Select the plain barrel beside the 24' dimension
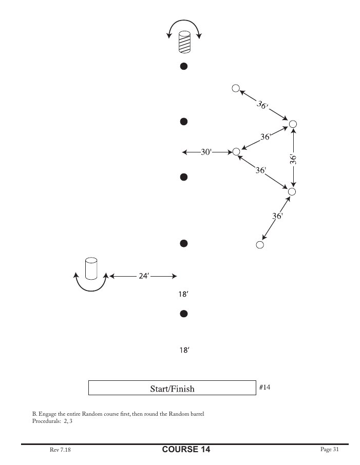91,268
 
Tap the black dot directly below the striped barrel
183,66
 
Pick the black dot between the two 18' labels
183,313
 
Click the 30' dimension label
206,152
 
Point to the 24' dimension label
144,276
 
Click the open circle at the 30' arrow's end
236,151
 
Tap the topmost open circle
236,88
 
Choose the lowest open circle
260,245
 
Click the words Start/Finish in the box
172,389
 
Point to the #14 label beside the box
264,387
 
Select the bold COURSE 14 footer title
186,450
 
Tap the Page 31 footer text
329,450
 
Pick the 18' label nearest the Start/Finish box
184,351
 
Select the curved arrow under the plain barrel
91,285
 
